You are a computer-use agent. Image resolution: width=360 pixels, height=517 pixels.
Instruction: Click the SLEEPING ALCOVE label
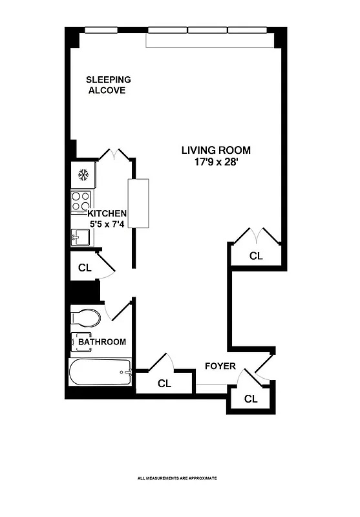click(x=109, y=85)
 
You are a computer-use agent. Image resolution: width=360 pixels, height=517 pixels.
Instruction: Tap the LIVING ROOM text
click(x=215, y=150)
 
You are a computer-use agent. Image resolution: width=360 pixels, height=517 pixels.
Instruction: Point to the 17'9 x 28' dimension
click(x=215, y=162)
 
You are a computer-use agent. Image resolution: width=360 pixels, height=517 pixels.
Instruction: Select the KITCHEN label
click(x=107, y=213)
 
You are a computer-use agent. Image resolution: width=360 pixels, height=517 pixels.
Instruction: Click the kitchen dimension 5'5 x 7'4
click(x=107, y=225)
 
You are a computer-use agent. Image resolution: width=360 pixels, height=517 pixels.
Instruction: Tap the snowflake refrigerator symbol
click(x=83, y=174)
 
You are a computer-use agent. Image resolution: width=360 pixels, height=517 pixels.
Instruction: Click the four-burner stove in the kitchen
click(x=81, y=202)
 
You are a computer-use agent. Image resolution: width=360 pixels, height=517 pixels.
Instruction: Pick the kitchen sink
click(x=80, y=238)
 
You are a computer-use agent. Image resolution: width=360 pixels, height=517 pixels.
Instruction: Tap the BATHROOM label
click(x=102, y=341)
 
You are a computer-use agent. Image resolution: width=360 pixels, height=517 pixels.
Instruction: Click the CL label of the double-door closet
click(x=257, y=256)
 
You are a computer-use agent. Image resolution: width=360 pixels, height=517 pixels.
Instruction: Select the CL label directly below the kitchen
click(x=85, y=267)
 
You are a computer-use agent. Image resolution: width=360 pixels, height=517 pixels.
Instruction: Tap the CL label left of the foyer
click(x=165, y=383)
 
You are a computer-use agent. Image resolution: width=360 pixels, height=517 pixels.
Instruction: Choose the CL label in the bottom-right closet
click(x=251, y=399)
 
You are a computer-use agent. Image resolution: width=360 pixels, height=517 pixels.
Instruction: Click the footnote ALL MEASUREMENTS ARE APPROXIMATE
click(x=176, y=478)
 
